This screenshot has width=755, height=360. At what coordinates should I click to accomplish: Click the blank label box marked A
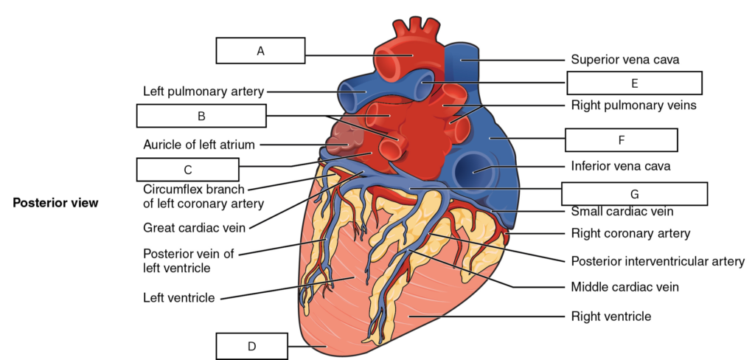click(260, 51)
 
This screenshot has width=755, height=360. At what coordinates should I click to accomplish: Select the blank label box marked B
click(201, 116)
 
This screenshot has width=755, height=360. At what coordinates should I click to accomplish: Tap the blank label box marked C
click(188, 170)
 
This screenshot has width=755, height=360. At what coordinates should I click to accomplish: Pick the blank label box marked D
click(252, 346)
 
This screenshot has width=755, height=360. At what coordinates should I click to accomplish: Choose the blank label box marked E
click(634, 83)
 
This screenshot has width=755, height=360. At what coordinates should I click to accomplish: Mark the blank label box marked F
click(621, 140)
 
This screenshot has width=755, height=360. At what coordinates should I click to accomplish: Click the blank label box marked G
click(634, 194)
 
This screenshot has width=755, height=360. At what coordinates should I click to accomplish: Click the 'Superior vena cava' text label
click(625, 59)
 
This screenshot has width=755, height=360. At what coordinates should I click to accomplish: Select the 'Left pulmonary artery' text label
click(203, 91)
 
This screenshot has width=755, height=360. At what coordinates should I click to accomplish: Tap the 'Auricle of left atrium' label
click(199, 145)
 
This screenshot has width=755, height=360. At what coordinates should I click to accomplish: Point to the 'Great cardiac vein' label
click(194, 227)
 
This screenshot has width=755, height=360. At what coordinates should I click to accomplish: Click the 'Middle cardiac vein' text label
click(625, 287)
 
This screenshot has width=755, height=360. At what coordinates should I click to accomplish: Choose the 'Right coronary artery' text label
click(631, 233)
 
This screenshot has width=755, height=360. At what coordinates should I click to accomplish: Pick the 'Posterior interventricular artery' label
click(658, 261)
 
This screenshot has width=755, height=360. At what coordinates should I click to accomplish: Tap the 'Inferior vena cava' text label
click(621, 166)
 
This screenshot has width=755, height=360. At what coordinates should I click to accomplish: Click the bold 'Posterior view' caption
click(55, 203)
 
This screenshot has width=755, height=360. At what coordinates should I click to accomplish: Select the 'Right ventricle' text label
click(611, 316)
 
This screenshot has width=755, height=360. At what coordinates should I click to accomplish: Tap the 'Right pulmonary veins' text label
click(633, 105)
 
